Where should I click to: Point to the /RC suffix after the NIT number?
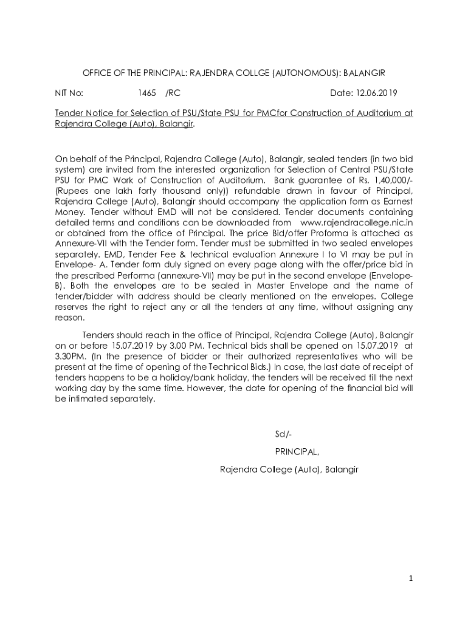(x=173, y=94)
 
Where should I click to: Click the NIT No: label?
(x=69, y=94)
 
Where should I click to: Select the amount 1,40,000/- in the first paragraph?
(x=390, y=180)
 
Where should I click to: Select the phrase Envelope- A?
(x=78, y=265)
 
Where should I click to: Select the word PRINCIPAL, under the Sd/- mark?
(x=297, y=451)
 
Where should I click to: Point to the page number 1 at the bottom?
(x=411, y=578)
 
